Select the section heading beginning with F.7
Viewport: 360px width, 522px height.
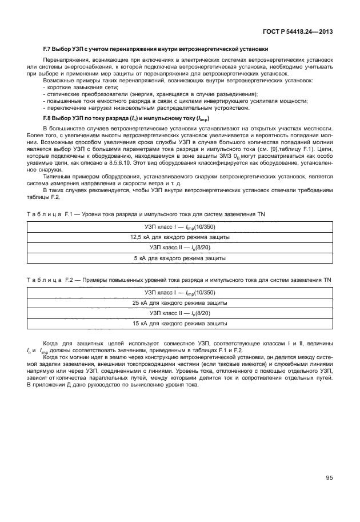tap(155, 49)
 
